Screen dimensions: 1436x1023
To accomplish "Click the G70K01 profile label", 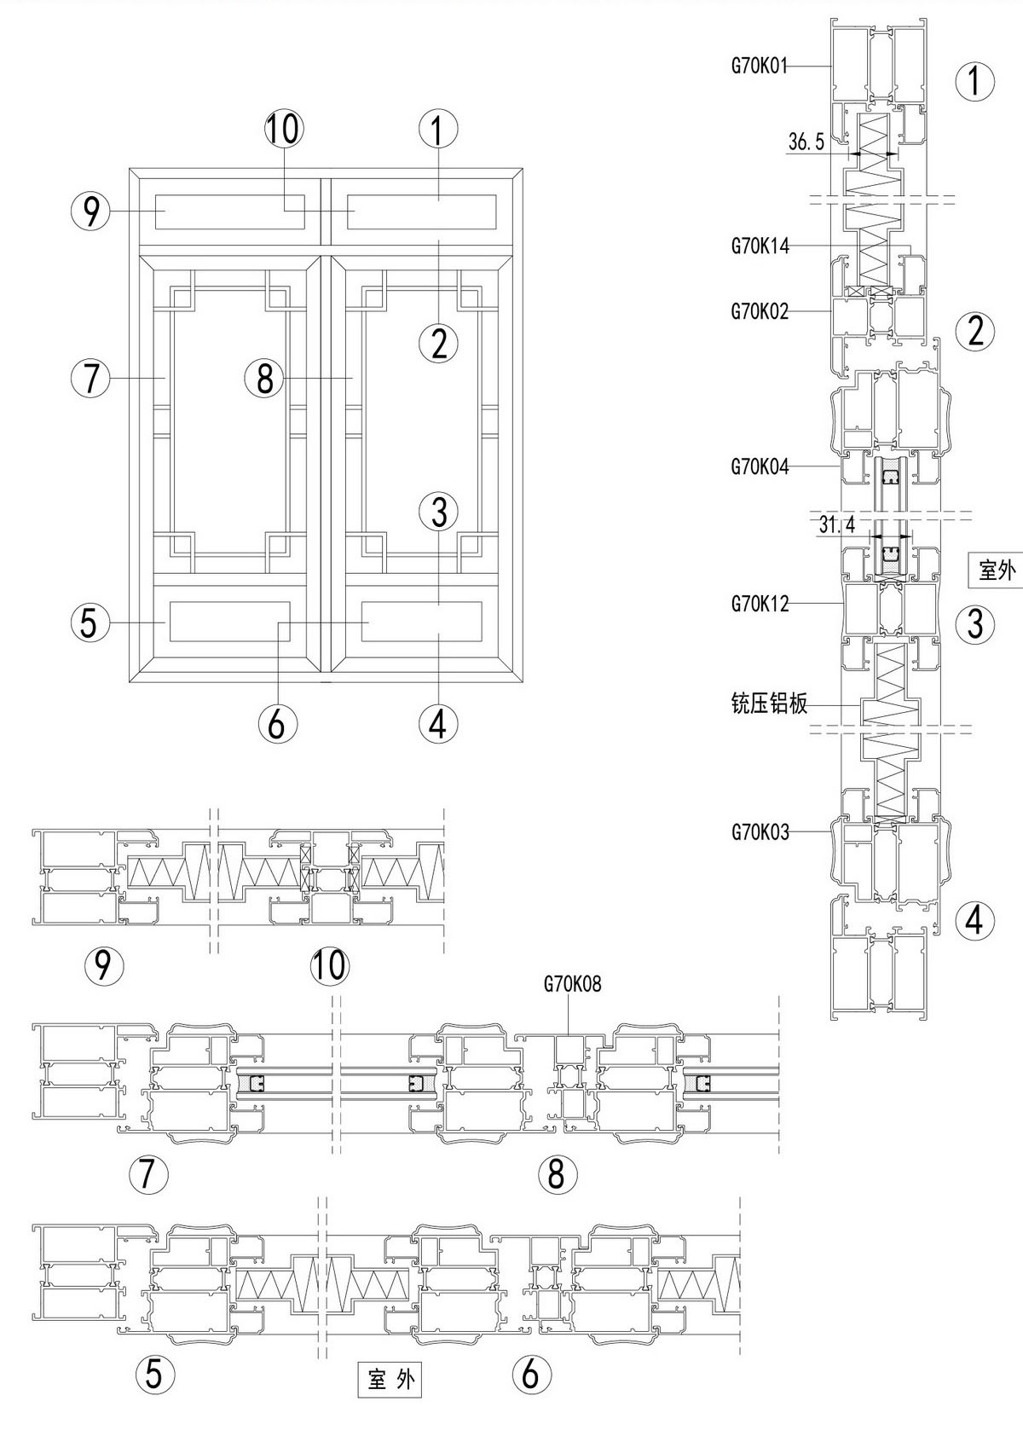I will pyautogui.click(x=760, y=65).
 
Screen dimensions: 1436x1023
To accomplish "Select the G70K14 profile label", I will pyautogui.click(x=760, y=246).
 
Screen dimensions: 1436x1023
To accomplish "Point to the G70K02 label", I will pyautogui.click(x=760, y=311).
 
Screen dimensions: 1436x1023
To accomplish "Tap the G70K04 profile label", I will pyautogui.click(x=760, y=466).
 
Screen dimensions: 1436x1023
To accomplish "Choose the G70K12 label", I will pyautogui.click(x=760, y=604).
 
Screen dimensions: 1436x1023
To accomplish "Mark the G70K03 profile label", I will pyautogui.click(x=760, y=831).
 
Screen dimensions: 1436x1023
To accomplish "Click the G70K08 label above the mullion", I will pyautogui.click(x=572, y=984).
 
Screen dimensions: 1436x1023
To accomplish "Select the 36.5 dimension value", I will pyautogui.click(x=806, y=142).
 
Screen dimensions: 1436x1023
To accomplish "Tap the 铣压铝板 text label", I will pyautogui.click(x=769, y=704).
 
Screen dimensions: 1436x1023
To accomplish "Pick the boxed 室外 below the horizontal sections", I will pyautogui.click(x=390, y=1379).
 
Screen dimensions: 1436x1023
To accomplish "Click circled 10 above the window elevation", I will pyautogui.click(x=283, y=130).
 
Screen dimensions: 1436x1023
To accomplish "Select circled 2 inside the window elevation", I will pyautogui.click(x=439, y=344).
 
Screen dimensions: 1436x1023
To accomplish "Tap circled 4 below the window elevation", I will pyautogui.click(x=438, y=724).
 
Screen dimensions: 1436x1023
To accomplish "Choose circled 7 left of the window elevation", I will pyautogui.click(x=91, y=378).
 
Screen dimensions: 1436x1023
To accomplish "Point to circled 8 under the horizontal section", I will pyautogui.click(x=556, y=1174).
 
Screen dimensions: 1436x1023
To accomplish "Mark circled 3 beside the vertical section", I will pyautogui.click(x=975, y=624).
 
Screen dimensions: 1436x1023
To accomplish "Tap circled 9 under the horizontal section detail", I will pyautogui.click(x=104, y=965).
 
